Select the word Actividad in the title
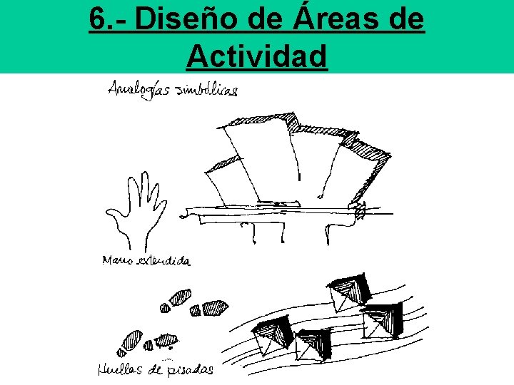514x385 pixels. pyautogui.click(x=257, y=56)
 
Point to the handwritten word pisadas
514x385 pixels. pyautogui.click(x=191, y=369)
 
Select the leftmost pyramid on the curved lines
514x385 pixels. pyautogui.click(x=273, y=335)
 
